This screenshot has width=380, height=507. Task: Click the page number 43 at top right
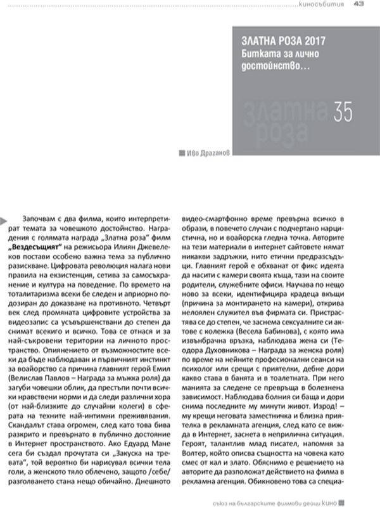(358, 5)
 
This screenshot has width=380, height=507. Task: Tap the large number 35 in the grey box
(343, 111)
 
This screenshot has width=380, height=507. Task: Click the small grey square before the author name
(182, 153)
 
